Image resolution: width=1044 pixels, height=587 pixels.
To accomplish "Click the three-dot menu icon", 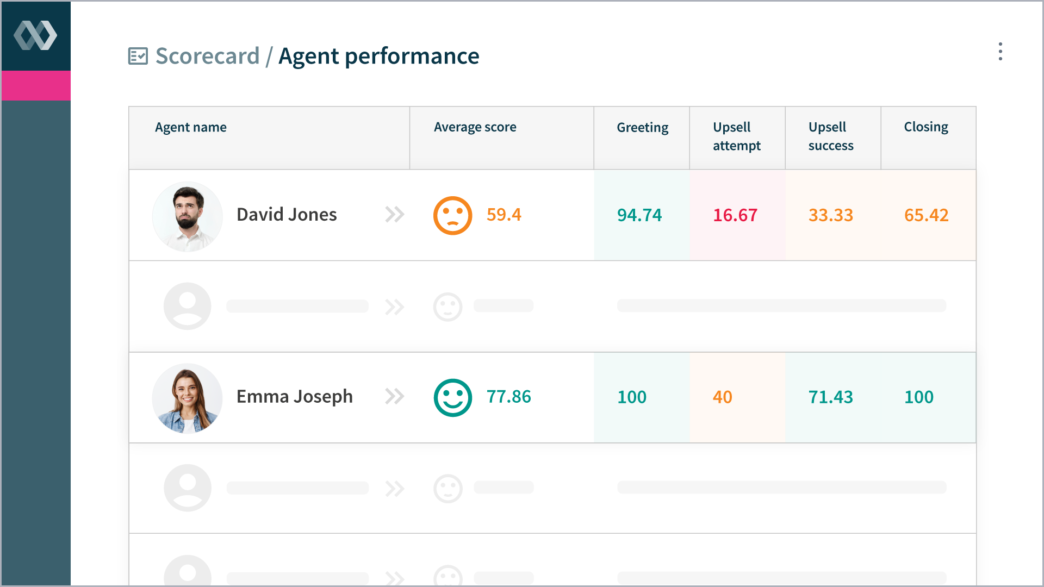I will (x=1000, y=52).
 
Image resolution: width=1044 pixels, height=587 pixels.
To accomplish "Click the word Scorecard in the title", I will (x=207, y=56).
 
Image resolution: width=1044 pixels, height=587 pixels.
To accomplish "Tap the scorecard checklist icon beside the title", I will (x=138, y=56).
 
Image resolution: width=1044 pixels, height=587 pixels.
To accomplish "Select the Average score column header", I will (x=475, y=127).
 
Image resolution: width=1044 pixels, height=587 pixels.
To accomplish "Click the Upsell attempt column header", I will (x=736, y=136).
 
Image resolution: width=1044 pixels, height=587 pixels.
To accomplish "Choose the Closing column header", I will (x=925, y=127).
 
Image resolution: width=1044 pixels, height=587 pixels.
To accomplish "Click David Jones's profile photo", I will (x=188, y=216).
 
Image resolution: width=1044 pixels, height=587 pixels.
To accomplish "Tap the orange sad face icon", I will (x=452, y=216).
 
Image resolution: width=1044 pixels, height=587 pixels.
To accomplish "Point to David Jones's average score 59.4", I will (x=504, y=215).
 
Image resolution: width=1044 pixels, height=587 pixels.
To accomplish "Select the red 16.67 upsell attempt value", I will (x=735, y=215).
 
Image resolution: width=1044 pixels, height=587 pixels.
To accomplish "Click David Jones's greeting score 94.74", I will (x=639, y=215).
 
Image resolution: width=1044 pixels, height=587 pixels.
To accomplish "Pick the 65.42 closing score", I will (x=926, y=215).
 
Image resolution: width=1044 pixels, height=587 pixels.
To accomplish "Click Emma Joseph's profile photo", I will (x=188, y=398).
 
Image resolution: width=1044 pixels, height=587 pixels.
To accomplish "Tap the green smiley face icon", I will (x=452, y=398).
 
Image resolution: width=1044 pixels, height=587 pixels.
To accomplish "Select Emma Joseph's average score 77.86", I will (x=508, y=397).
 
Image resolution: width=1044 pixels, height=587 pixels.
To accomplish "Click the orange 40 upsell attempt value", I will (x=722, y=397).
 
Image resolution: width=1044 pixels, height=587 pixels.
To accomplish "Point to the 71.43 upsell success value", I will (x=830, y=397).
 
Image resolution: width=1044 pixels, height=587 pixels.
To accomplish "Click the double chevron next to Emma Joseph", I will (x=395, y=397).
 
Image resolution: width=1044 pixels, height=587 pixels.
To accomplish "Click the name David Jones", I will (x=287, y=215).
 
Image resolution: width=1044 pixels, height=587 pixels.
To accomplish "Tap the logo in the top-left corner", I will (x=35, y=36).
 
